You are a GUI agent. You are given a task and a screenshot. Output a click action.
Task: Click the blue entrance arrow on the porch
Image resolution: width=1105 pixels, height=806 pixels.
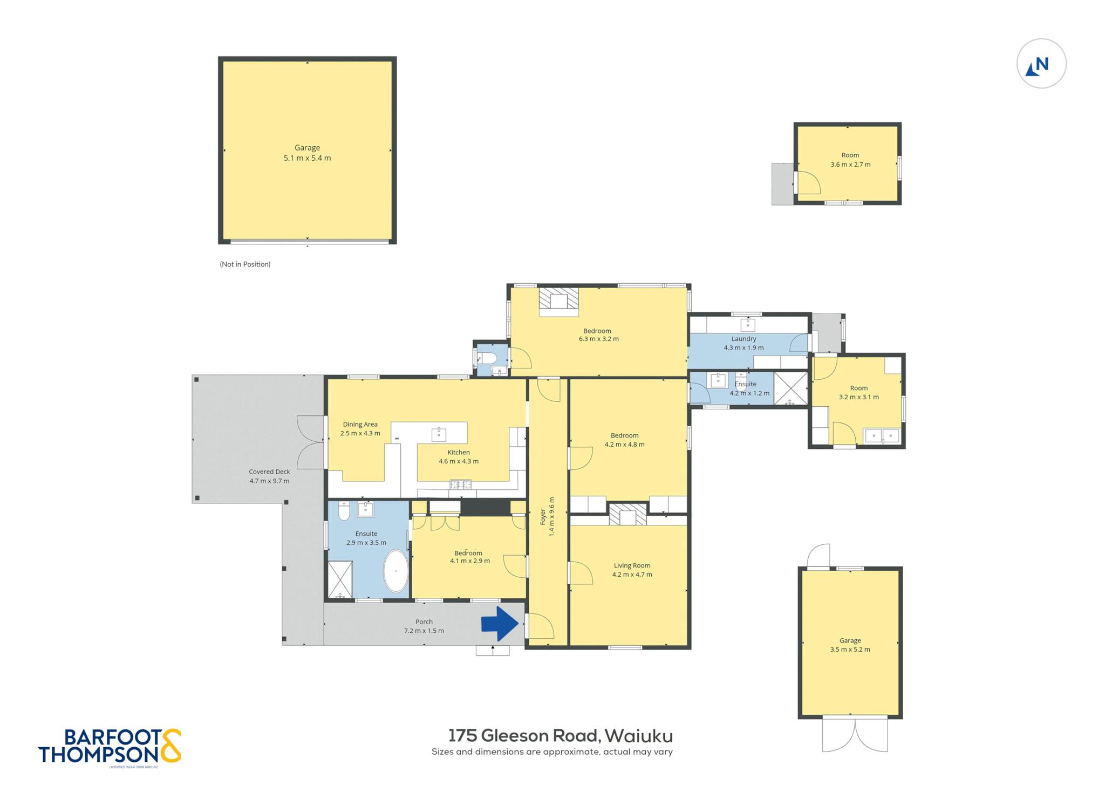(500, 624)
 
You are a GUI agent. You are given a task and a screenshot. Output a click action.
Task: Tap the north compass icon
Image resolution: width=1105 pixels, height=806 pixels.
(1041, 64)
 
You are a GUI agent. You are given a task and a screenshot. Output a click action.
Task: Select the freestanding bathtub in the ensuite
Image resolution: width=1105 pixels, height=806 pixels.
(396, 571)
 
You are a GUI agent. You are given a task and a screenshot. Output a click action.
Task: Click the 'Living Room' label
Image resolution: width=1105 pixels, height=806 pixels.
(632, 565)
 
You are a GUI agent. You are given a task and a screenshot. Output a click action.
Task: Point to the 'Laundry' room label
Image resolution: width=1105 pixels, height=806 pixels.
(744, 339)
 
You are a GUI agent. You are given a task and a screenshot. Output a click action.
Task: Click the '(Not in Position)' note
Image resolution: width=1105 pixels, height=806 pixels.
(245, 264)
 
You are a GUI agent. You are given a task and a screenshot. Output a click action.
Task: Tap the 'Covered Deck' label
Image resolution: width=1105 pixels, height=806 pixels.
(269, 472)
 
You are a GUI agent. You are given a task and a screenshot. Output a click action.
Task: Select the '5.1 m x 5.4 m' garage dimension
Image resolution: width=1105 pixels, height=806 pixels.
(307, 158)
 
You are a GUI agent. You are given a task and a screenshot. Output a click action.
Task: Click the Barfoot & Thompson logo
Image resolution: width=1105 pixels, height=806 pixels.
(110, 747)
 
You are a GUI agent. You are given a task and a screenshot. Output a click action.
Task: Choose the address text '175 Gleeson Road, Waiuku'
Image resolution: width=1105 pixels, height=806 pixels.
(561, 735)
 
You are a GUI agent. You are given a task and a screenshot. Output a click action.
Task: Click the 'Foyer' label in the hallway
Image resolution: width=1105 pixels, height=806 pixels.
(543, 517)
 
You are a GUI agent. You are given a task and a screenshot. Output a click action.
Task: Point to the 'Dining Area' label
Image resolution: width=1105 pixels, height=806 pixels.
(360, 424)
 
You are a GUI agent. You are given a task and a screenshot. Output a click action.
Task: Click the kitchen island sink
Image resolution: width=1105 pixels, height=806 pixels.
(439, 434)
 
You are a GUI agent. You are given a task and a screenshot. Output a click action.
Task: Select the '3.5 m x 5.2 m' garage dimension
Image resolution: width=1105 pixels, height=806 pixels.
(850, 650)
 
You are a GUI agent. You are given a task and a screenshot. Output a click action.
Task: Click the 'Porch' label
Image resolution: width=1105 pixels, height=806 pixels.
(424, 621)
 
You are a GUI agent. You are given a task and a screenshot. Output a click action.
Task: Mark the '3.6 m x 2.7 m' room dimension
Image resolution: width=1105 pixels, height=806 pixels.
(850, 165)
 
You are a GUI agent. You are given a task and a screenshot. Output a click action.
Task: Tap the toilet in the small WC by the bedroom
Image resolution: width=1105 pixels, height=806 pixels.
(487, 357)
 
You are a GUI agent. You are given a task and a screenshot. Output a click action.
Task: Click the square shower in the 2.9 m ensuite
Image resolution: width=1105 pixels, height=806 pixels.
(340, 579)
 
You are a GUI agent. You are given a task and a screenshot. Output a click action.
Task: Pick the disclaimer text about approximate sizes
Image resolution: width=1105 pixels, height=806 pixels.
(552, 752)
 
